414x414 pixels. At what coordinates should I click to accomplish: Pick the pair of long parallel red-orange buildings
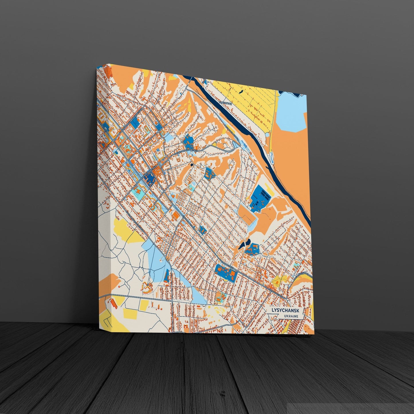113,303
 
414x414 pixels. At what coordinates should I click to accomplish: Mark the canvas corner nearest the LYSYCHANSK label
314,334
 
